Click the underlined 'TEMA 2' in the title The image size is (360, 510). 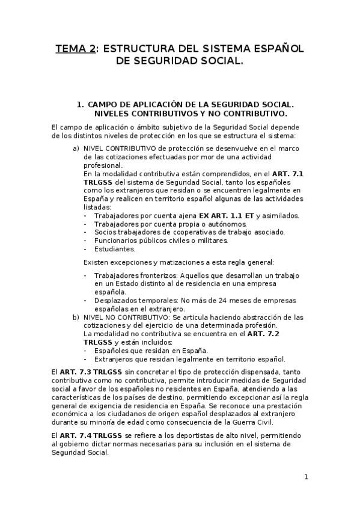click(76, 49)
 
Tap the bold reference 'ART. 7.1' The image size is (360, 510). click(287, 173)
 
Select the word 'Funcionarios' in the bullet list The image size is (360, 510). click(115, 241)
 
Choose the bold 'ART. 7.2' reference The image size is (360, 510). click(263, 333)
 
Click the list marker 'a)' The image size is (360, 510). click(76, 148)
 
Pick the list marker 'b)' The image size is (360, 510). click(76, 316)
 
